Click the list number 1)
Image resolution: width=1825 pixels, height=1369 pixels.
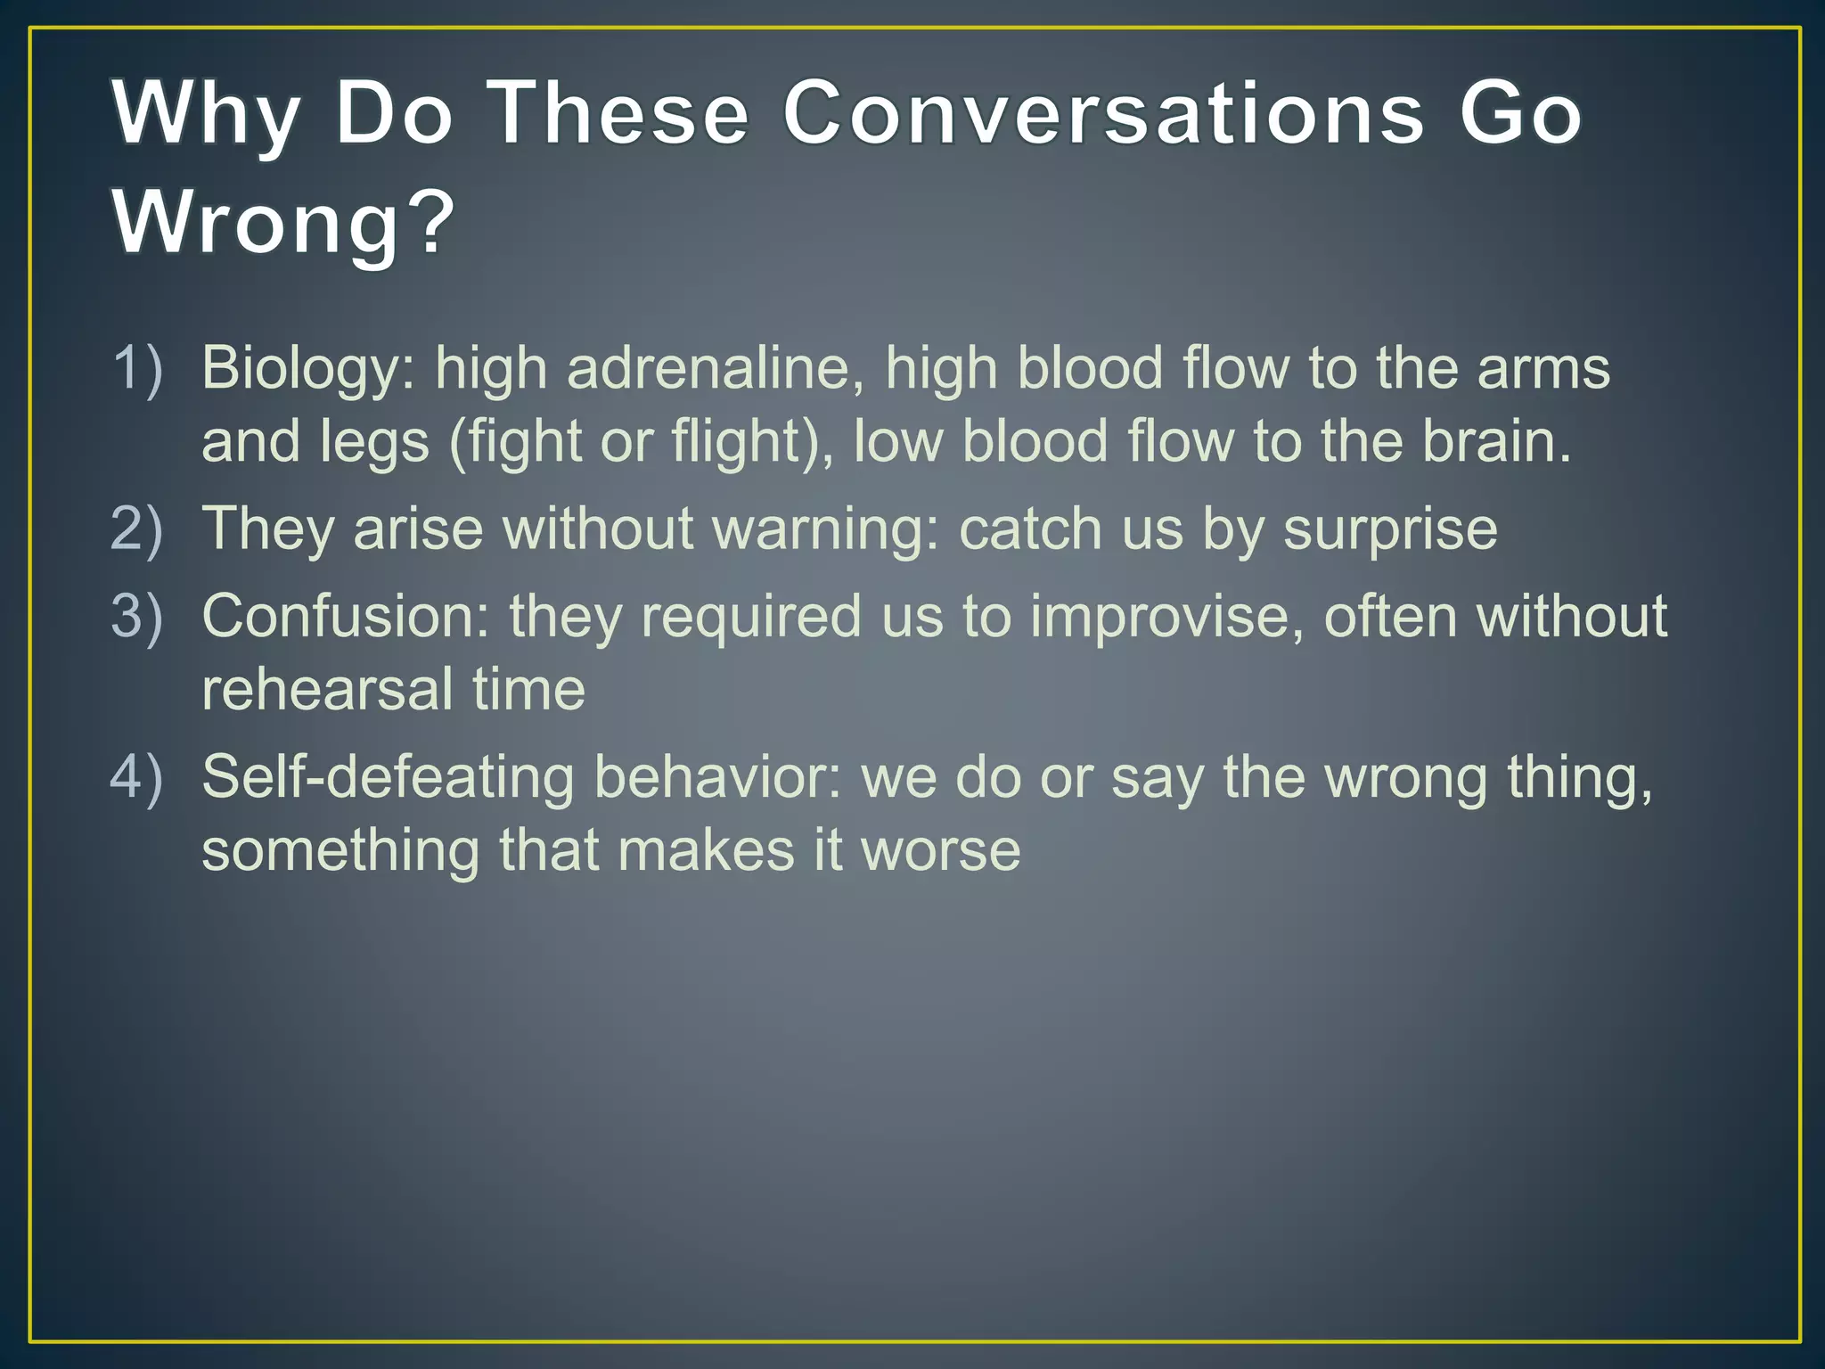[x=137, y=367]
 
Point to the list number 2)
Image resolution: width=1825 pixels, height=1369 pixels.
[x=137, y=528]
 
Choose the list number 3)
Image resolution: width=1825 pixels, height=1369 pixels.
[x=137, y=615]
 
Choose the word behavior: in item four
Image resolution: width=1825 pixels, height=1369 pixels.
[x=716, y=777]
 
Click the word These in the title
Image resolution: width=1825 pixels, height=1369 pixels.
[x=621, y=113]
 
